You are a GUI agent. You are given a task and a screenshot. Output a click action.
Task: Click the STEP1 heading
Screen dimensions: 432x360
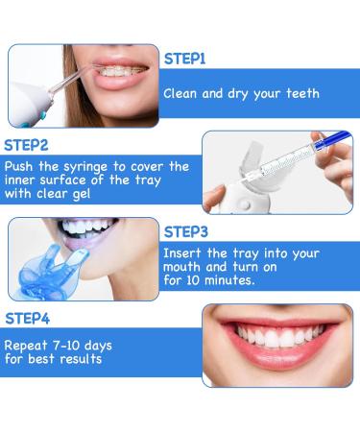pos(184,59)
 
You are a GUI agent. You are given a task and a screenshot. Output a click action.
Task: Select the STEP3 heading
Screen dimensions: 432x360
pos(184,231)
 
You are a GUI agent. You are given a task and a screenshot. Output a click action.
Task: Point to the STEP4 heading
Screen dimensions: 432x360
pos(29,317)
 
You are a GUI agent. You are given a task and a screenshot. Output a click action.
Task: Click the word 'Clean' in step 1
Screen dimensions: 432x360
pos(182,94)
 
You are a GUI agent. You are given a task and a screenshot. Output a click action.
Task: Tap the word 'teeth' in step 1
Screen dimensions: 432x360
pos(299,94)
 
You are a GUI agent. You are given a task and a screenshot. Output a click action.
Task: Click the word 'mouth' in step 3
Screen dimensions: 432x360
pos(188,268)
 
